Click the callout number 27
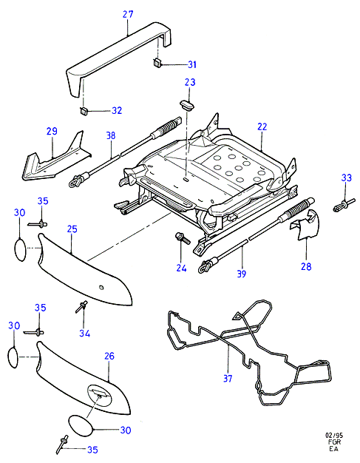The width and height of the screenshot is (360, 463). click(x=128, y=14)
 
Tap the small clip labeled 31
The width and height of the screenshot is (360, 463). click(x=157, y=62)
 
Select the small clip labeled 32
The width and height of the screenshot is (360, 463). click(x=84, y=111)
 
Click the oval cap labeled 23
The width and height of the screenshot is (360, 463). click(x=187, y=104)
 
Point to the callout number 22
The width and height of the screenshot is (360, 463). click(x=262, y=126)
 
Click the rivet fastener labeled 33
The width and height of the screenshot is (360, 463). click(x=344, y=206)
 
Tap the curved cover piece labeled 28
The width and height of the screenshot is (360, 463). click(x=305, y=225)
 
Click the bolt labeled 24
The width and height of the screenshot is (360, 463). click(x=182, y=238)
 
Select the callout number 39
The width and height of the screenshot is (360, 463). click(x=242, y=274)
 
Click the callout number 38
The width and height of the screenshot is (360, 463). click(x=111, y=135)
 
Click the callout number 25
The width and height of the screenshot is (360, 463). click(x=72, y=229)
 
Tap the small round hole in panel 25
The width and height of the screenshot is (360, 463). click(x=101, y=287)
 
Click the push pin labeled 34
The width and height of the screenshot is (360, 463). click(x=81, y=306)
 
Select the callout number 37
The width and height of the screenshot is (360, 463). click(x=228, y=378)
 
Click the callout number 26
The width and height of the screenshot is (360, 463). click(x=109, y=356)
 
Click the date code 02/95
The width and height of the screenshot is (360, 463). click(x=334, y=436)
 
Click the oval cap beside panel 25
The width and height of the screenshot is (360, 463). click(x=21, y=250)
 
